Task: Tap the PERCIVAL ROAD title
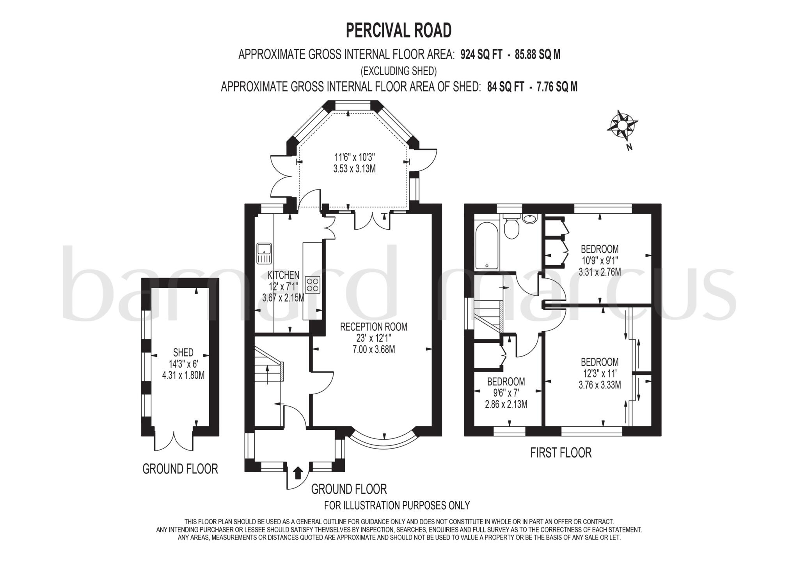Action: tap(399, 30)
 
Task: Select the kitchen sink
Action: tap(264, 253)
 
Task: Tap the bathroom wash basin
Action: tap(530, 219)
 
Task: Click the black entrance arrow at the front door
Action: tap(298, 472)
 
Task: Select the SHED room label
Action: tap(183, 353)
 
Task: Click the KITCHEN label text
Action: tap(283, 275)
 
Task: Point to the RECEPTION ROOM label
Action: tap(374, 327)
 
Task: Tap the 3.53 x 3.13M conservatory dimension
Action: tap(354, 169)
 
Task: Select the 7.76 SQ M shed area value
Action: tap(557, 87)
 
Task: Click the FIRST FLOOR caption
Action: tap(561, 453)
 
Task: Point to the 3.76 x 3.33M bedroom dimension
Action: tap(600, 385)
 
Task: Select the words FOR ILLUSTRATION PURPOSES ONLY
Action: tap(397, 505)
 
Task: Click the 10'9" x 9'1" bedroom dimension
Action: tap(600, 260)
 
